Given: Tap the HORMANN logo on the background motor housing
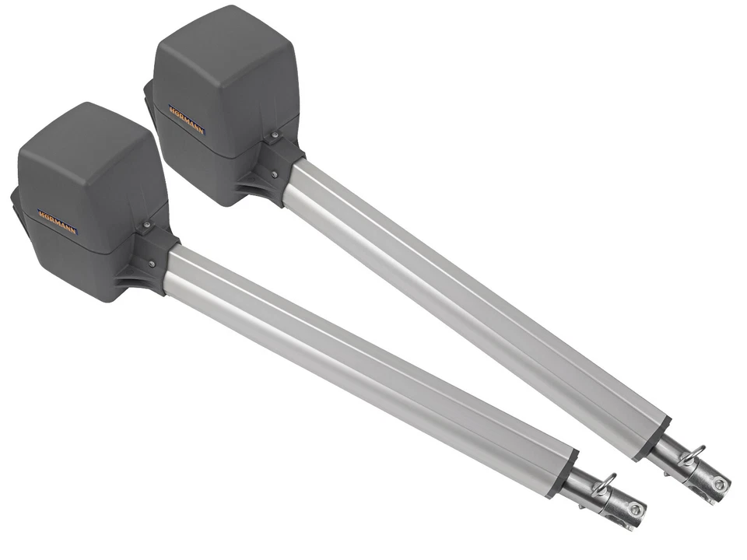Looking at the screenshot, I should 186,118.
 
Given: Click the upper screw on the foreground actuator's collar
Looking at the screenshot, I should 146,225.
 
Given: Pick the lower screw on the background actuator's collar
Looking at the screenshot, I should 274,173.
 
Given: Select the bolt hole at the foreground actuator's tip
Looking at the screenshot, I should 636,509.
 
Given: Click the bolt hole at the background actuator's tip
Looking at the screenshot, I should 719,485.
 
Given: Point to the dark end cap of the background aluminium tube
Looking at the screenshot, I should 654,439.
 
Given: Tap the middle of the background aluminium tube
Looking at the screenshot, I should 475,299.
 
